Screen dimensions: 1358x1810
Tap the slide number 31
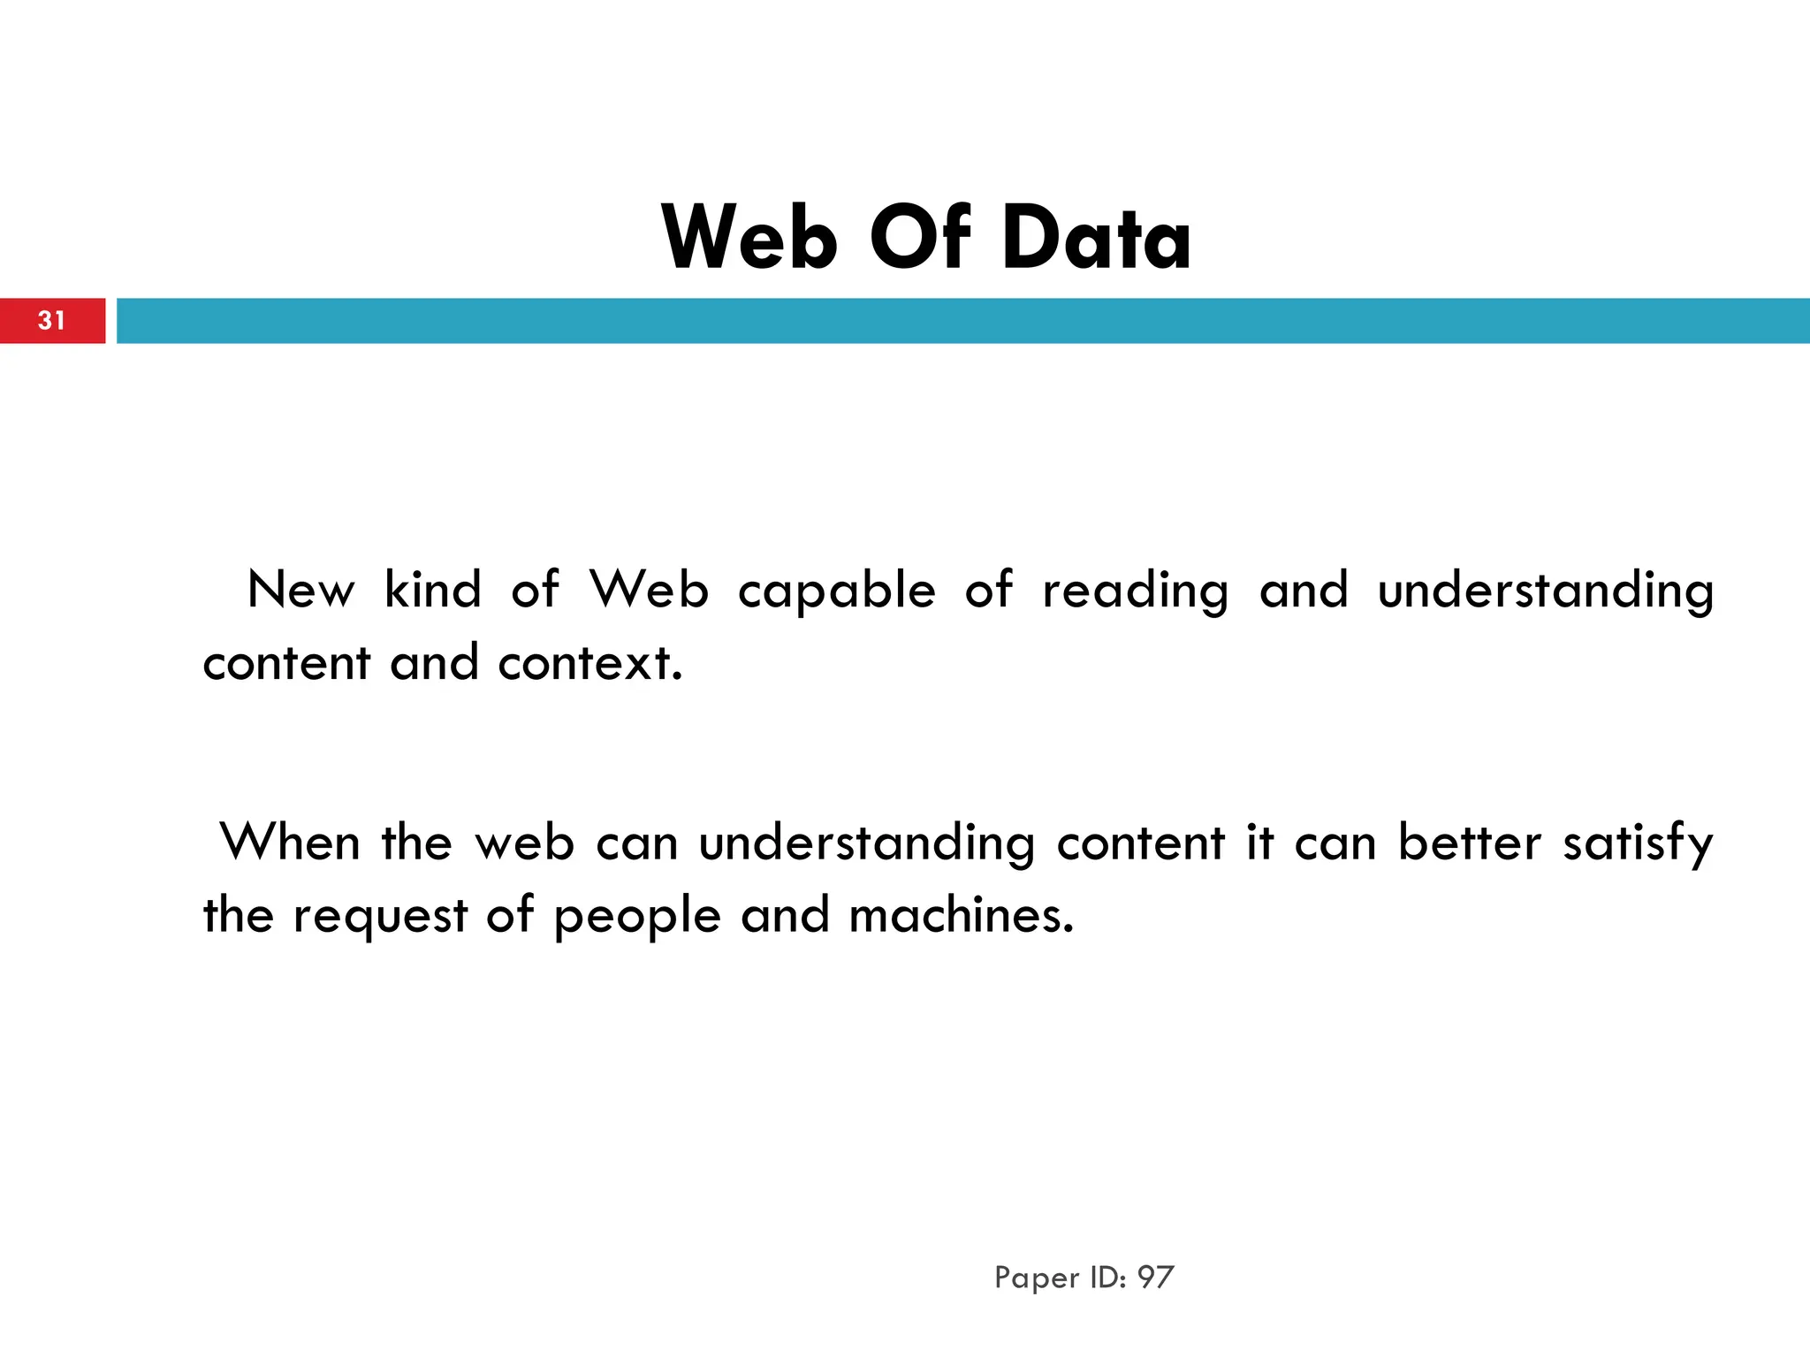coord(51,320)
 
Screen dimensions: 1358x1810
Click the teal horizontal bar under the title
coord(963,320)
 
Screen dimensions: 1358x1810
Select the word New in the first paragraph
coord(300,590)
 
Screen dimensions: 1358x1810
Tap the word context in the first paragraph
coord(589,663)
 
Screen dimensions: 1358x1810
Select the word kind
coord(433,590)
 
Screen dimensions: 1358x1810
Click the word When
coord(290,842)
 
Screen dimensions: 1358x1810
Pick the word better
coord(1470,842)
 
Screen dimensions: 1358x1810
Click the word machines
coord(961,915)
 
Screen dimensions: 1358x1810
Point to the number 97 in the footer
coord(1155,1278)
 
